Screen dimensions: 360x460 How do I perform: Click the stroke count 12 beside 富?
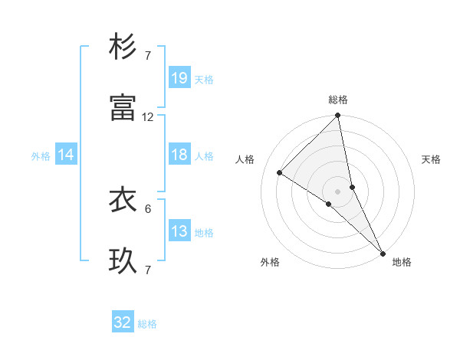148,117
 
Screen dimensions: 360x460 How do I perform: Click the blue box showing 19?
179,77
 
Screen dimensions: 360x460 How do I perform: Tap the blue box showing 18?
179,155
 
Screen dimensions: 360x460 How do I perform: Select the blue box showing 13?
179,231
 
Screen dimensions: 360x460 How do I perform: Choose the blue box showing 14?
66,155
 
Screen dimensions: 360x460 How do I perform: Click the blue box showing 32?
123,322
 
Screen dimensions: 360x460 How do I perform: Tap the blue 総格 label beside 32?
147,324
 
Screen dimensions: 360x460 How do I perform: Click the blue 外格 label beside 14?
41,155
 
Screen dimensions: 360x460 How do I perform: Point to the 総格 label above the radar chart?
338,100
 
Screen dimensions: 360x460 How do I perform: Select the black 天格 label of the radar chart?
432,159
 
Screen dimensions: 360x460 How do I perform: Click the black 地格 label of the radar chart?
402,263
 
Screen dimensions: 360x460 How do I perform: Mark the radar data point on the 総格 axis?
338,116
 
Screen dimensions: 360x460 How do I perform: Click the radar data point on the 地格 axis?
383,252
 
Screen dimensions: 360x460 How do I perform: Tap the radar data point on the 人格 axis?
280,172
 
